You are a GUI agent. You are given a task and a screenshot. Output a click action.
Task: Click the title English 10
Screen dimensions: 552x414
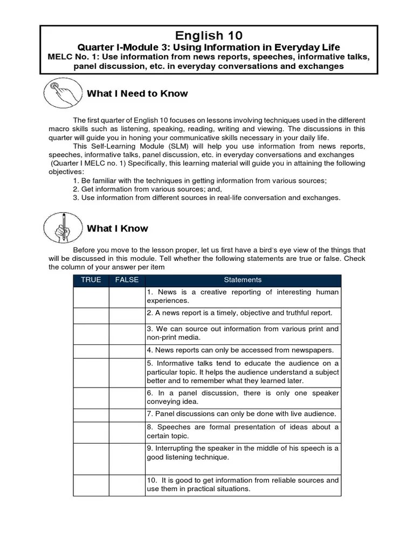208,36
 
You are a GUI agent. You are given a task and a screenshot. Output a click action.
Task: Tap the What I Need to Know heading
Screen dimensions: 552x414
137,94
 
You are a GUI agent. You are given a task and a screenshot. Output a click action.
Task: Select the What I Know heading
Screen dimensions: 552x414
117,229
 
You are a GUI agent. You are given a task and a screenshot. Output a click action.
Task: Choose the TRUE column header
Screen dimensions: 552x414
91,280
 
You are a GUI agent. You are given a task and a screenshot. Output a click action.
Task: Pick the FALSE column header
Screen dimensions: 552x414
127,280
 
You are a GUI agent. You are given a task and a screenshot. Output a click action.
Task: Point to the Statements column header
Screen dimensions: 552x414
243,280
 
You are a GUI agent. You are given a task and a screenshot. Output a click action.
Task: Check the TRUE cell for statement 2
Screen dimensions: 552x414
91,315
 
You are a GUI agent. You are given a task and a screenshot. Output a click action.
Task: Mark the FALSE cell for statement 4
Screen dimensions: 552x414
127,351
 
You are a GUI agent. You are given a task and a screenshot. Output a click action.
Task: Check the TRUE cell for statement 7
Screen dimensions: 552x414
91,415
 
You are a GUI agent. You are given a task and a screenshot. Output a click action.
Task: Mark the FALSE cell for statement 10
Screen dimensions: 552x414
127,485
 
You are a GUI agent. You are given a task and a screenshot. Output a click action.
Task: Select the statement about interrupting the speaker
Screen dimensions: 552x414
243,453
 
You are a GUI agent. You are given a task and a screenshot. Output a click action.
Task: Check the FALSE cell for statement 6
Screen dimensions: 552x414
127,397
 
